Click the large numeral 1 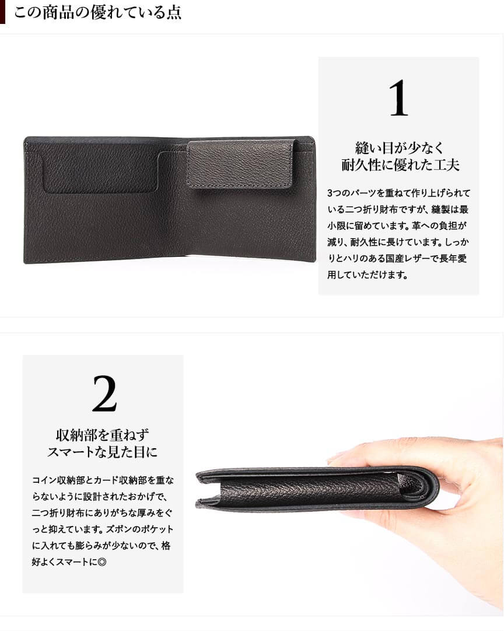(x=398, y=98)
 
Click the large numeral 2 (x=104, y=394)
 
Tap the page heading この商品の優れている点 (x=98, y=12)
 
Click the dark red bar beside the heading (x=2, y=12)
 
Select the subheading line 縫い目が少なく (x=399, y=148)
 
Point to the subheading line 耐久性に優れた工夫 (x=400, y=165)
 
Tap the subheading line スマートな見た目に (x=102, y=452)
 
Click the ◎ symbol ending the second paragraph (x=102, y=562)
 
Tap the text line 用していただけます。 (x=368, y=275)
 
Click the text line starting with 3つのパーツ (x=398, y=193)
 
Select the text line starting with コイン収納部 (x=103, y=480)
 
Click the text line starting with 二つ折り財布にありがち (x=102, y=513)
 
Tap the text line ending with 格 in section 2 (x=101, y=546)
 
